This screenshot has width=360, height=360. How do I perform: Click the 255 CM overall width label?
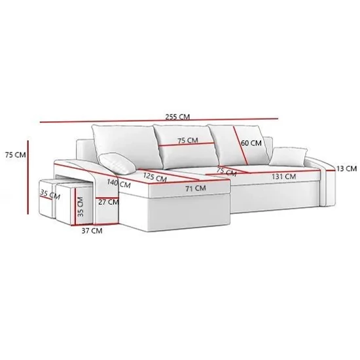177,117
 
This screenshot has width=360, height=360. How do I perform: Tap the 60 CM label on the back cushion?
251,143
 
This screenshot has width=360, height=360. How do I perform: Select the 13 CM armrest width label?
347,168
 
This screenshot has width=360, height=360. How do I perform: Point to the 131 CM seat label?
284,177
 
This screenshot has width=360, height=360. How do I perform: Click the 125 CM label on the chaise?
155,177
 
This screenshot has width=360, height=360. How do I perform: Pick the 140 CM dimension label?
118,183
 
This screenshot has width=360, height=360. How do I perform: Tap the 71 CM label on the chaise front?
196,189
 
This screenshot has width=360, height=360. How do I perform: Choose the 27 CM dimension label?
109,202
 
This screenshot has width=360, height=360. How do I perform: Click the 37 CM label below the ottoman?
92,230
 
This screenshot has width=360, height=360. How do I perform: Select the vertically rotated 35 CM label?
81,207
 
